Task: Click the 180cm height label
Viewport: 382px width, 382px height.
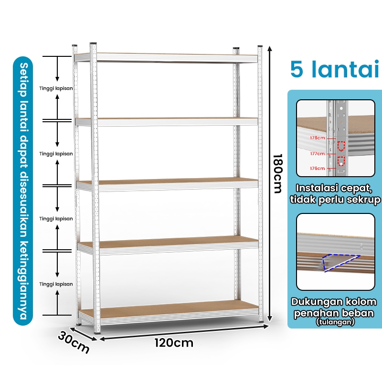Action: (x=277, y=173)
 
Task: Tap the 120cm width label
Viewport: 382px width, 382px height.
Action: (x=174, y=343)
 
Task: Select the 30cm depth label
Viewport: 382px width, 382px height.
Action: (x=74, y=342)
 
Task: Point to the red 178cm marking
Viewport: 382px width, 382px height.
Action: (x=317, y=138)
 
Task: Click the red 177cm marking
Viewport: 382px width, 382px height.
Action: (x=317, y=153)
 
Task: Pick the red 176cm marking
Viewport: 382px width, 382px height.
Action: (x=317, y=169)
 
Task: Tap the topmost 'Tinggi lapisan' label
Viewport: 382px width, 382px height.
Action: (x=56, y=88)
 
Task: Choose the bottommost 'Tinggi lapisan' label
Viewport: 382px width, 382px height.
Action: (x=56, y=284)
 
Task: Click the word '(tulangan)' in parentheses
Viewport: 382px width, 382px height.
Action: (x=335, y=322)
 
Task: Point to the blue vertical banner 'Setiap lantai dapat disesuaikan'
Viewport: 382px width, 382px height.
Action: (x=23, y=191)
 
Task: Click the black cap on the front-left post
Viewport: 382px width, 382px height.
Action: (x=93, y=43)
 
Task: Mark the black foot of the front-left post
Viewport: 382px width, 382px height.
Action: (x=97, y=332)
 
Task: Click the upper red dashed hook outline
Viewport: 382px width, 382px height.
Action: (x=341, y=146)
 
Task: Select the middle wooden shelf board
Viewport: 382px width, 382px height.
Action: (x=168, y=181)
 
